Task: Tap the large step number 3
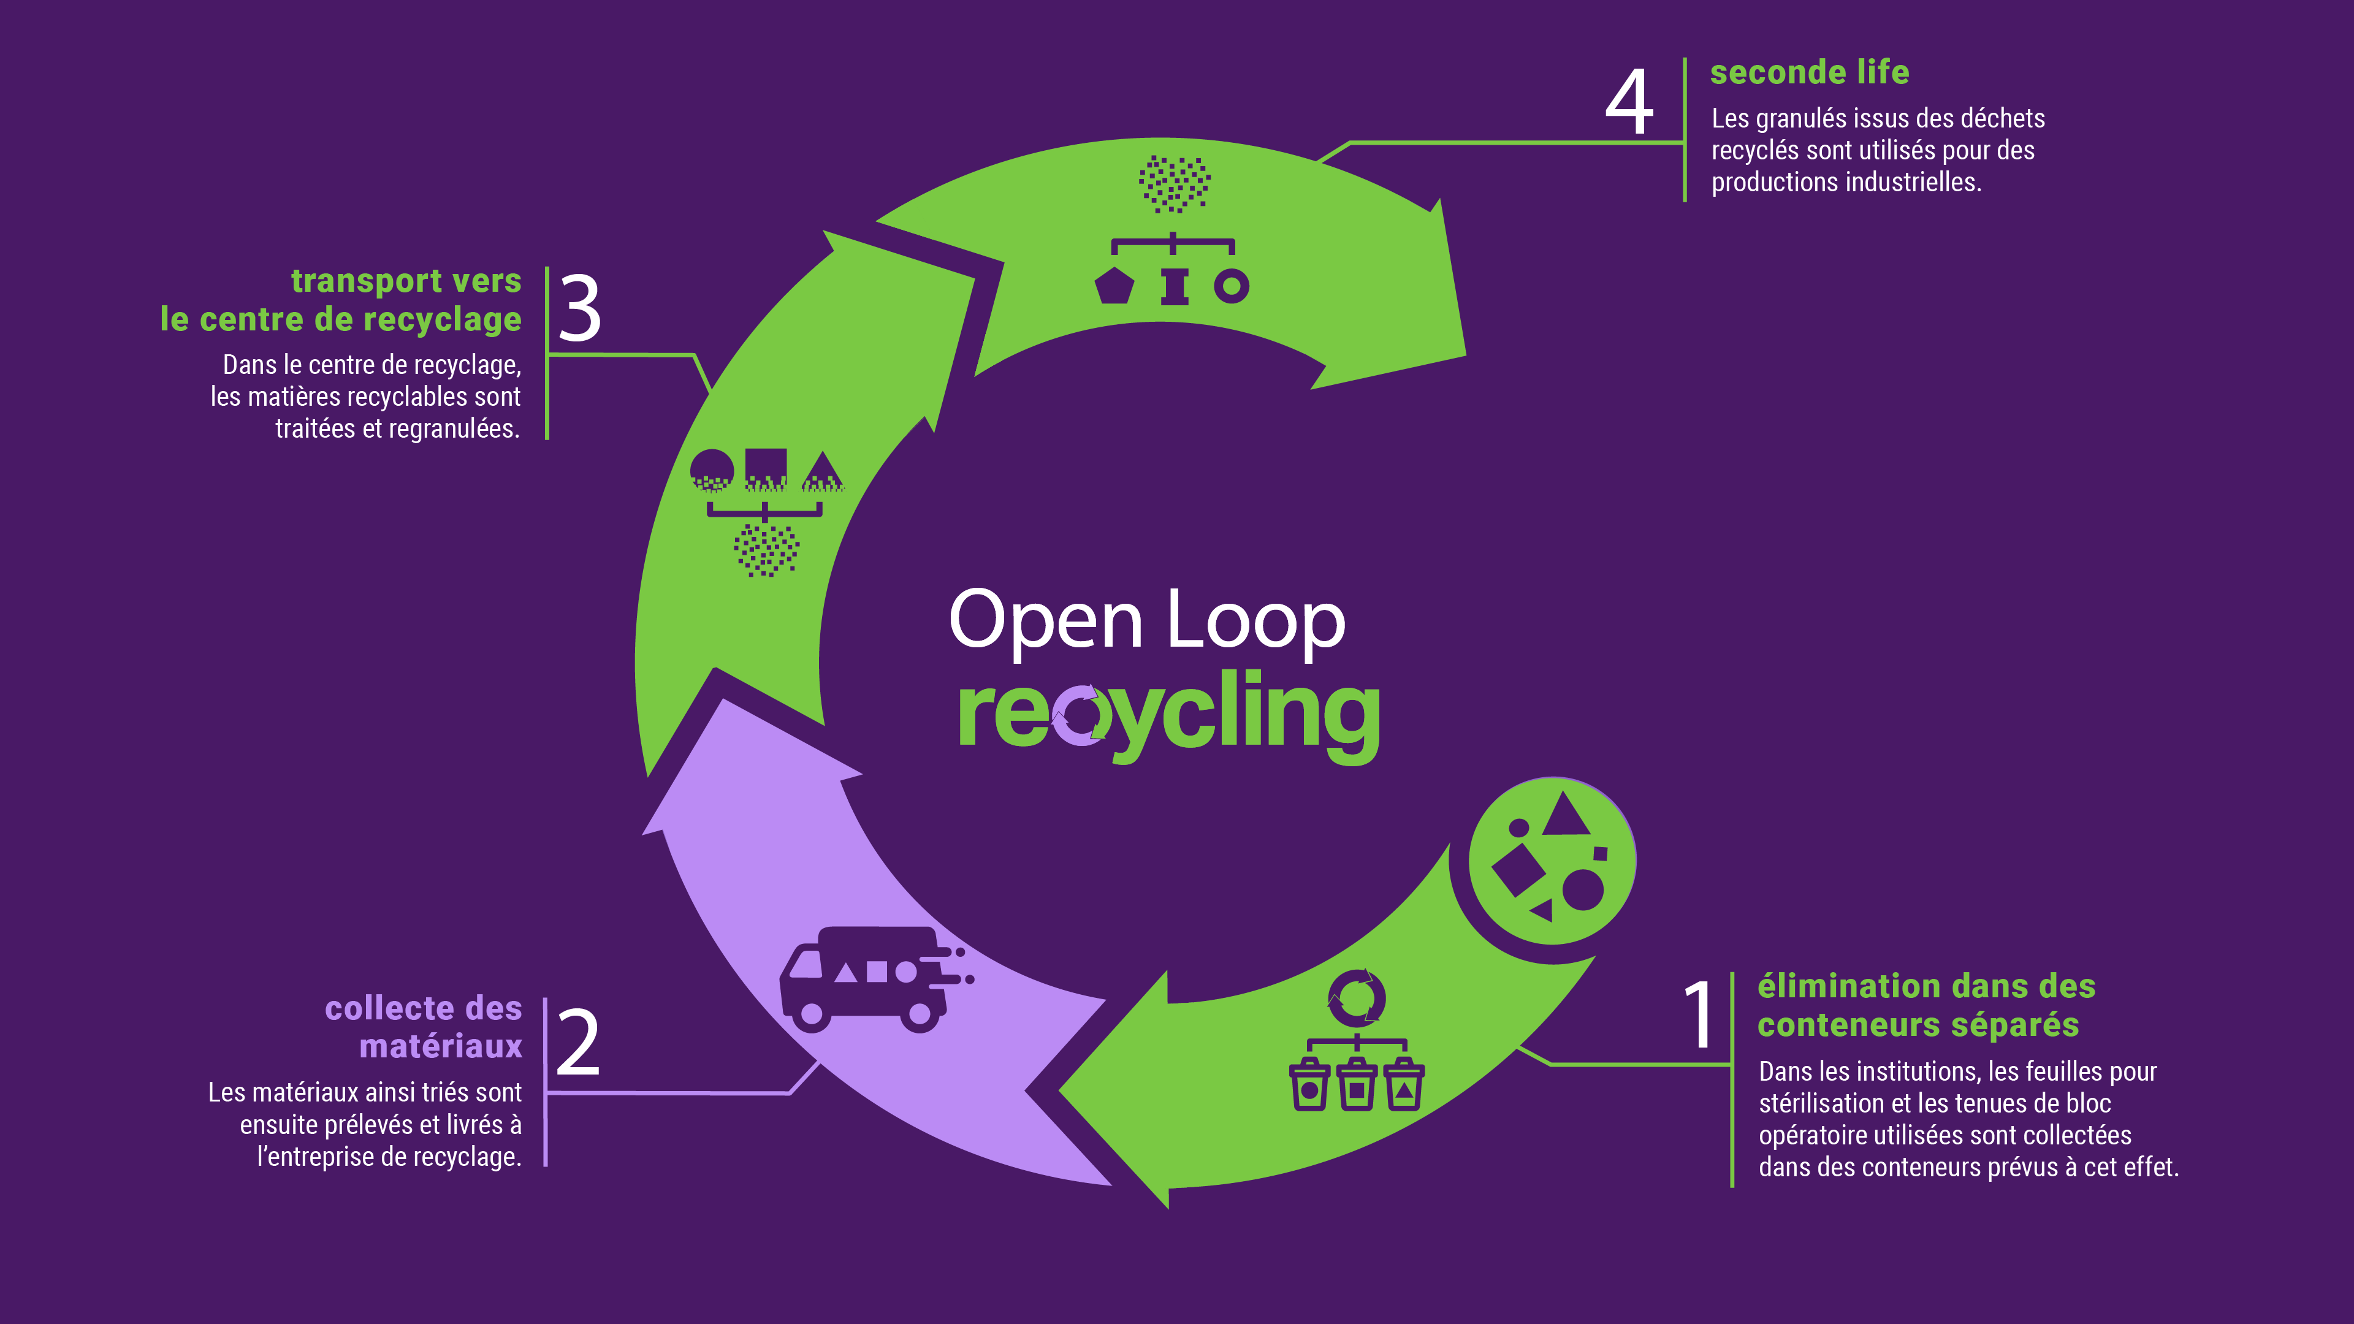pyautogui.click(x=579, y=309)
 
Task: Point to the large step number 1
pyautogui.click(x=1700, y=1014)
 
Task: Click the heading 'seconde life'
pyautogui.click(x=1810, y=72)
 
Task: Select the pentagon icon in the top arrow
pyautogui.click(x=1114, y=286)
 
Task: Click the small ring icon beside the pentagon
pyautogui.click(x=1231, y=286)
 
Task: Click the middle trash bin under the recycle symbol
pyautogui.click(x=1356, y=1086)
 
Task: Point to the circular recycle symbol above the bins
pyautogui.click(x=1356, y=998)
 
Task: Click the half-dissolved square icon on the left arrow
pyautogui.click(x=766, y=470)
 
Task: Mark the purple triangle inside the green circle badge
pyautogui.click(x=1566, y=816)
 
